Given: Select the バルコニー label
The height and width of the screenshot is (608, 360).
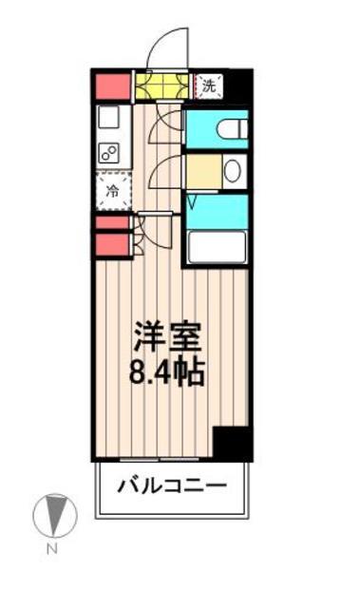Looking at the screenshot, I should (172, 487).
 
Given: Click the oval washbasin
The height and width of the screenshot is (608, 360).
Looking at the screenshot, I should (232, 171).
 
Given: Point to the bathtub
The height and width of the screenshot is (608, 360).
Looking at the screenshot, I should (218, 246).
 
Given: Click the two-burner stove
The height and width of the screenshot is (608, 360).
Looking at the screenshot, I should (109, 153).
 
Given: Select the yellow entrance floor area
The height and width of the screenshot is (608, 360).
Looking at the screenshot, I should (161, 86).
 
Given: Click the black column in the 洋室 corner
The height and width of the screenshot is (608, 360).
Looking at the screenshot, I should (231, 443).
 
